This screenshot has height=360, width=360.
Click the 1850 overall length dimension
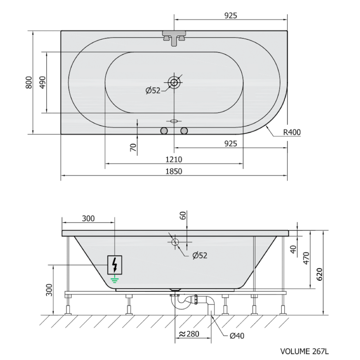[174, 171]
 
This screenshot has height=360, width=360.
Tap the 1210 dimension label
[174, 159]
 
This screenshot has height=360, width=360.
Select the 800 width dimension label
[29, 82]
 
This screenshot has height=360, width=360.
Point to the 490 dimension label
[43, 82]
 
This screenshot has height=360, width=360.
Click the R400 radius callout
[292, 132]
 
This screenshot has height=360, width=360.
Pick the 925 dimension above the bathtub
[230, 16]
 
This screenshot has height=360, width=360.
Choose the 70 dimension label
[133, 147]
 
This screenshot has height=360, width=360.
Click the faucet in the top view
[174, 38]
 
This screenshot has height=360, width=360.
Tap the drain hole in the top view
[174, 82]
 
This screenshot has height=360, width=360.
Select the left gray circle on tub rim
[164, 131]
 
